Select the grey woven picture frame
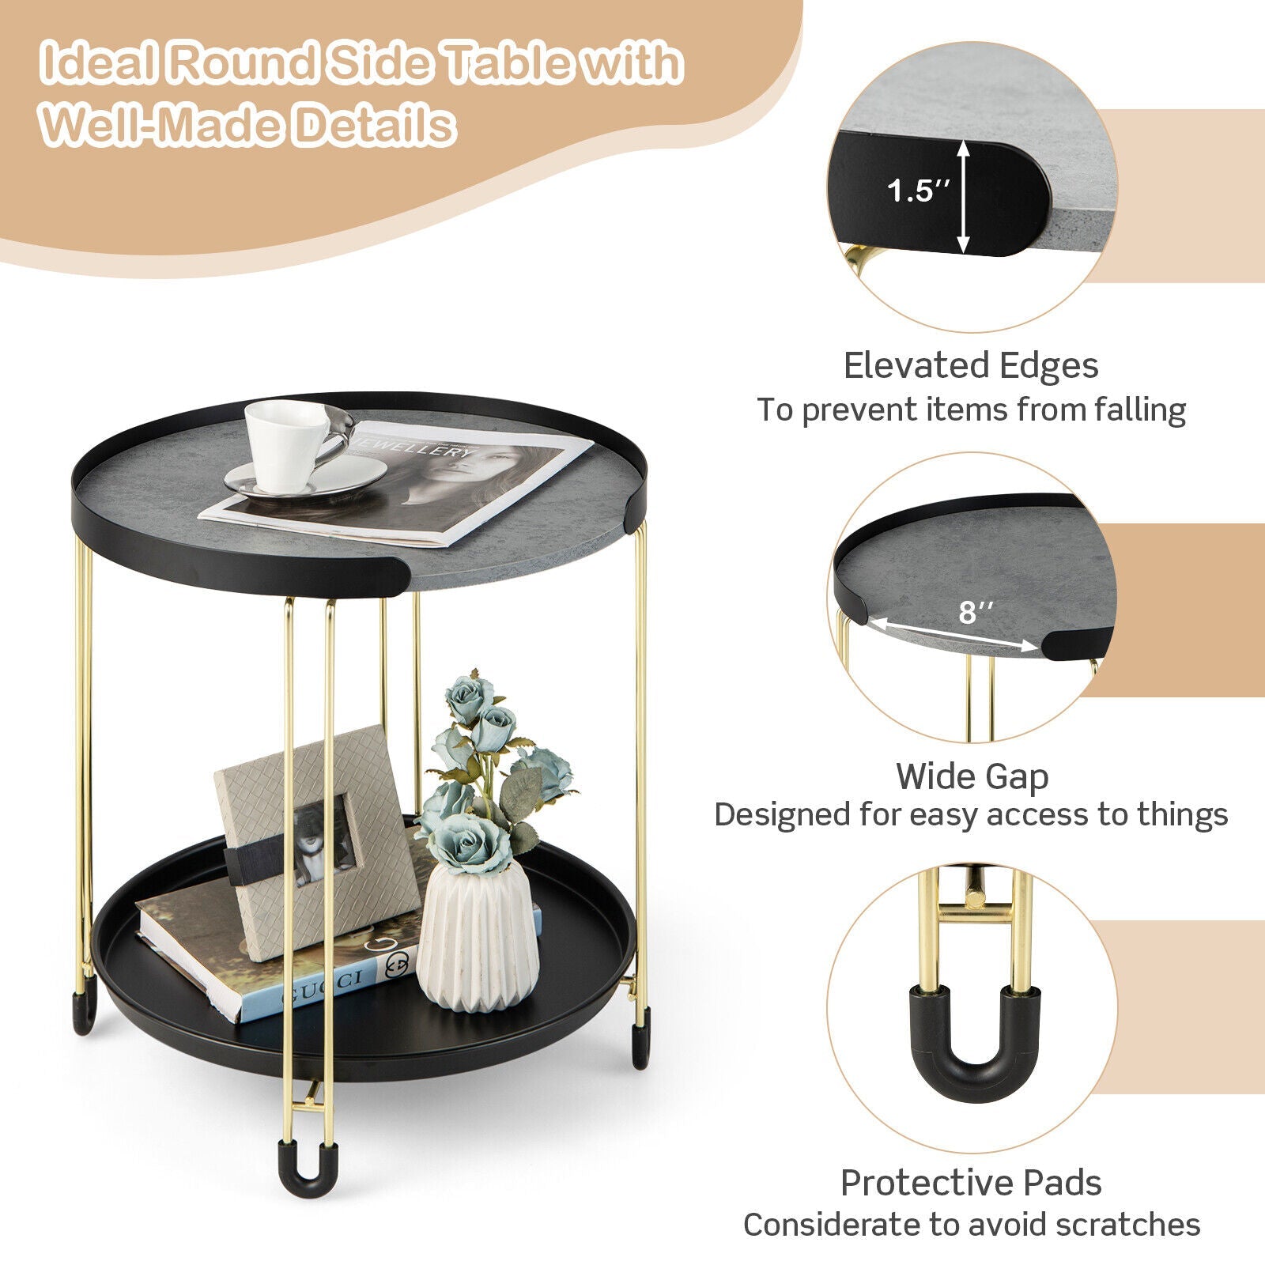point(316,842)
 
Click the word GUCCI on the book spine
point(323,987)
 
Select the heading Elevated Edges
point(971,366)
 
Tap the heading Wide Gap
point(972,776)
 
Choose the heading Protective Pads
point(971,1183)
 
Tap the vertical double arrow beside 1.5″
point(963,196)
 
